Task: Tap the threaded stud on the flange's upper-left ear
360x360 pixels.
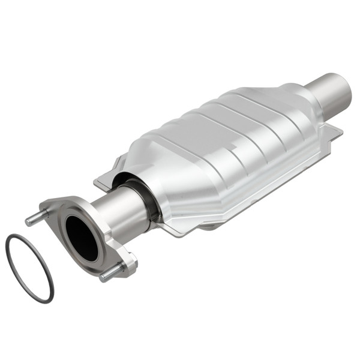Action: [x=36, y=218]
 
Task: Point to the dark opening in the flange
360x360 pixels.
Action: [x=82, y=238]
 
